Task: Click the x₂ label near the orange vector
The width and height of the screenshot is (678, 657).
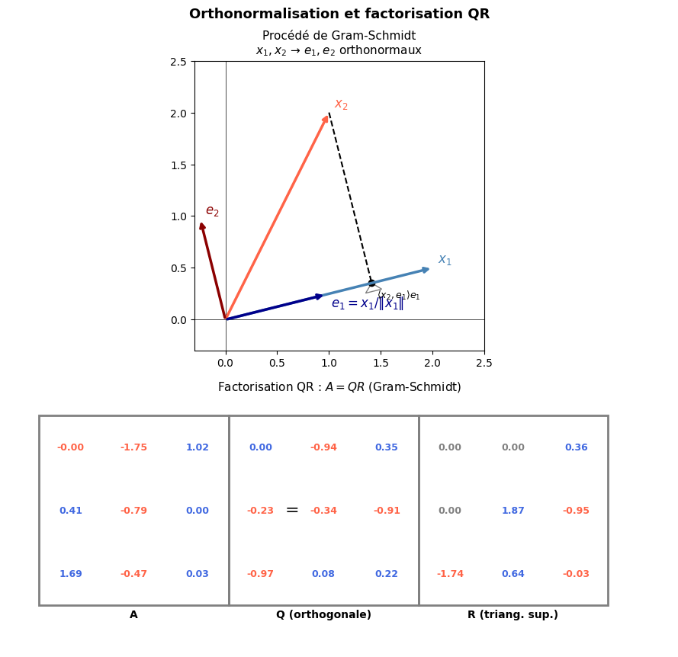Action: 341,104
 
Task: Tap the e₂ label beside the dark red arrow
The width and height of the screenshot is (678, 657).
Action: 212,211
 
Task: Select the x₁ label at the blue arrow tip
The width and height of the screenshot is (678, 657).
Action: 445,260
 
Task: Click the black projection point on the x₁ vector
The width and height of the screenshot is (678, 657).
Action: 371,283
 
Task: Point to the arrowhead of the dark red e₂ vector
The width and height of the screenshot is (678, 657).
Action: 201,225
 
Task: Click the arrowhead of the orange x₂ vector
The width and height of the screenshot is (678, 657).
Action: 326,118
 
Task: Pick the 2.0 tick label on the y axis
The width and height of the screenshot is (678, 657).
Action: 178,114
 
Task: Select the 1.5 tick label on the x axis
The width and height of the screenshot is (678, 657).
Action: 381,363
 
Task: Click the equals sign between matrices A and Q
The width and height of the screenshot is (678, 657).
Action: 292,511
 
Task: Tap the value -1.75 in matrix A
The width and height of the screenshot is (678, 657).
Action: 133,447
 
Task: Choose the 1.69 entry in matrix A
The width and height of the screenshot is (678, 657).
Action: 71,574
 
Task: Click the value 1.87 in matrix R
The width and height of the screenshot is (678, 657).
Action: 513,511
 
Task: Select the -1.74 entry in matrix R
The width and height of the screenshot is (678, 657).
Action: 450,574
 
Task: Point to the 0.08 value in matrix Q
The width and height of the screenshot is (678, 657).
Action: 323,574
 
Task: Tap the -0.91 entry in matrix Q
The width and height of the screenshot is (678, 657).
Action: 387,511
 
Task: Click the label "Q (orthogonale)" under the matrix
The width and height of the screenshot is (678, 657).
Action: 323,615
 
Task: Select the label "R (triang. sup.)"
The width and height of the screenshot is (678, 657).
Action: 513,615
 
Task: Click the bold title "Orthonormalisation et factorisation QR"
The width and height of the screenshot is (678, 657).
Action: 339,14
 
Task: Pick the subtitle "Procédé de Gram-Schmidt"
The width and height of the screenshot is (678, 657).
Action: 339,36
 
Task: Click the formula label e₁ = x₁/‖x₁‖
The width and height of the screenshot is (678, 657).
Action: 368,303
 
